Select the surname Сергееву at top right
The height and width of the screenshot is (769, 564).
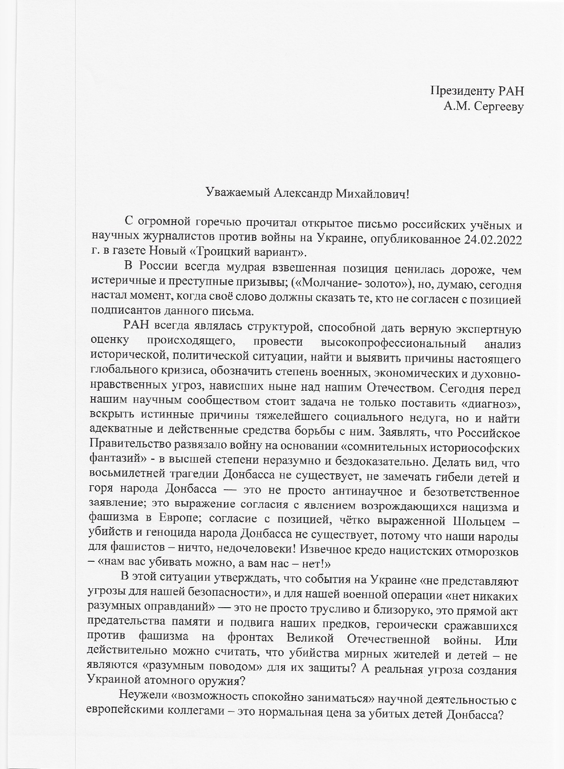click(x=499, y=107)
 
